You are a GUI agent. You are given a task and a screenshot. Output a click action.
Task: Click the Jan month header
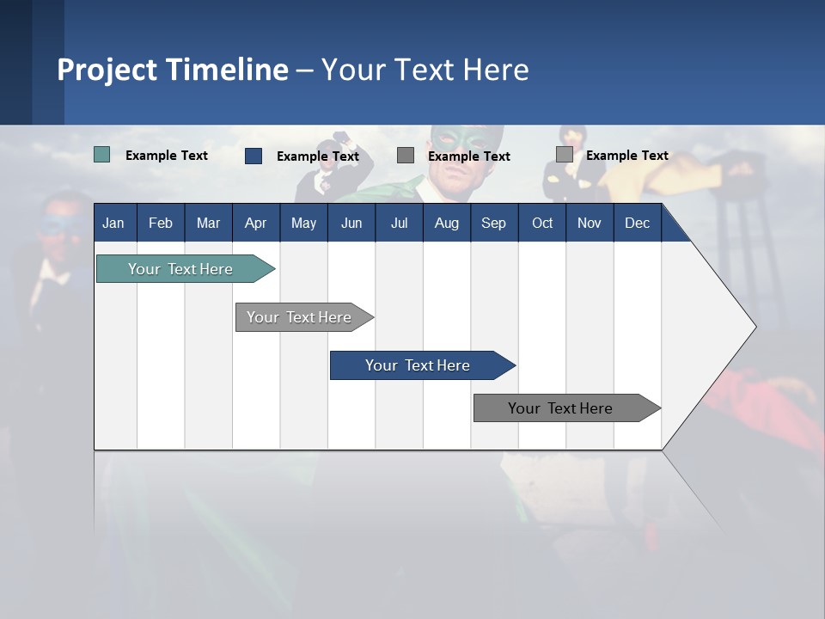[x=114, y=223]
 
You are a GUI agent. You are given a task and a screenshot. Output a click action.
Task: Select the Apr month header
[x=255, y=223]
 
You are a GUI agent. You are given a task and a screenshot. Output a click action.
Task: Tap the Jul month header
[x=399, y=223]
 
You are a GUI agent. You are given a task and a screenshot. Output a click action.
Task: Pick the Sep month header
[x=493, y=223]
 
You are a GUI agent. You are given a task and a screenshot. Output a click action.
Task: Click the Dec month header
[x=637, y=223]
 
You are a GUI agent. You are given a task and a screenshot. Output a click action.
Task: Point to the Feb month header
[x=161, y=223]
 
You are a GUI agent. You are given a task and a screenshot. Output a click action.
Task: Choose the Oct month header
[x=542, y=223]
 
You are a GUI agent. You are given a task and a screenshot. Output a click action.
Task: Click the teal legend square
[x=102, y=155]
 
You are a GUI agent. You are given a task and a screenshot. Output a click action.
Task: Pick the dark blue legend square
[x=254, y=156]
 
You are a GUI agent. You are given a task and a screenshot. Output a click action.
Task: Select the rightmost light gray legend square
[x=565, y=155]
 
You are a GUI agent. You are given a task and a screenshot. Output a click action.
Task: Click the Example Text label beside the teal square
[x=167, y=156]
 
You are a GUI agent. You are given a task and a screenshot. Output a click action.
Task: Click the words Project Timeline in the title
[x=173, y=70]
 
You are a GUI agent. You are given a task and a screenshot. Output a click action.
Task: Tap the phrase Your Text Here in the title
[x=425, y=70]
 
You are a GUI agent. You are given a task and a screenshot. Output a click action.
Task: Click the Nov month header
[x=590, y=223]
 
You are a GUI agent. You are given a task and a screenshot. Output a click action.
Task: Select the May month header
[x=303, y=223]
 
